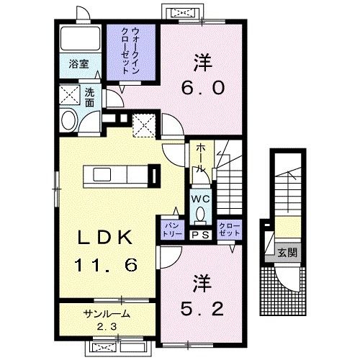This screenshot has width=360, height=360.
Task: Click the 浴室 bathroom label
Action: click(78, 64)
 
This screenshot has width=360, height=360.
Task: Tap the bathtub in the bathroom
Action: click(80, 38)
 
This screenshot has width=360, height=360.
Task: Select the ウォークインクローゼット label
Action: click(131, 50)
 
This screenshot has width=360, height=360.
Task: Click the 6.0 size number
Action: click(203, 88)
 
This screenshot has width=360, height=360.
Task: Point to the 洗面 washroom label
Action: click(89, 97)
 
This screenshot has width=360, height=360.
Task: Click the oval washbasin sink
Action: click(69, 120)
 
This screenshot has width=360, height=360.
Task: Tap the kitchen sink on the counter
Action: click(102, 174)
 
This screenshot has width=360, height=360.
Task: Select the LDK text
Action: click(105, 237)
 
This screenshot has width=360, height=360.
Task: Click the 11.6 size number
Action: click(106, 265)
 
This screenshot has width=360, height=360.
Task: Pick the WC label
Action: click(200, 199)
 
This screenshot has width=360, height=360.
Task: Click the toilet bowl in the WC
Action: click(200, 214)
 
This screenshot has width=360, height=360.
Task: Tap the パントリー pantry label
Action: click(173, 229)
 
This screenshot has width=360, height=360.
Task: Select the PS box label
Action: click(201, 235)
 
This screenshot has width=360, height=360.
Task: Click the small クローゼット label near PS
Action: click(230, 230)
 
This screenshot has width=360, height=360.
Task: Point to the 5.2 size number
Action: click(202, 309)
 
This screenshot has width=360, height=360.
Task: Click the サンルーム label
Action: click(107, 314)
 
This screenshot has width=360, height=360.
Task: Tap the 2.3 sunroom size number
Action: click(107, 326)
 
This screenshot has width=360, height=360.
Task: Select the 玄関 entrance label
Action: click(287, 253)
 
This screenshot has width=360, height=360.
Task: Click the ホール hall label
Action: click(201, 158)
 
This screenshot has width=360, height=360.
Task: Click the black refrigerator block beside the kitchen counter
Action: click(154, 176)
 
